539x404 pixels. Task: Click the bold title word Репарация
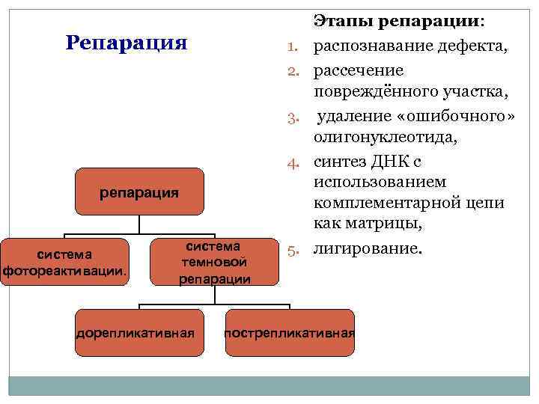[126, 42]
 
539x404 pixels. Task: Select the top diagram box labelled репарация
[139, 192]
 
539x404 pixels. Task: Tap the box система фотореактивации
[65, 263]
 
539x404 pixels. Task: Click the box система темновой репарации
[214, 262]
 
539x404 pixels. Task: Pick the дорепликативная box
[139, 332]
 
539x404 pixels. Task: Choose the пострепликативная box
[290, 332]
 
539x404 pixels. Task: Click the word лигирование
[367, 248]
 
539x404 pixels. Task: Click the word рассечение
[358, 70]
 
